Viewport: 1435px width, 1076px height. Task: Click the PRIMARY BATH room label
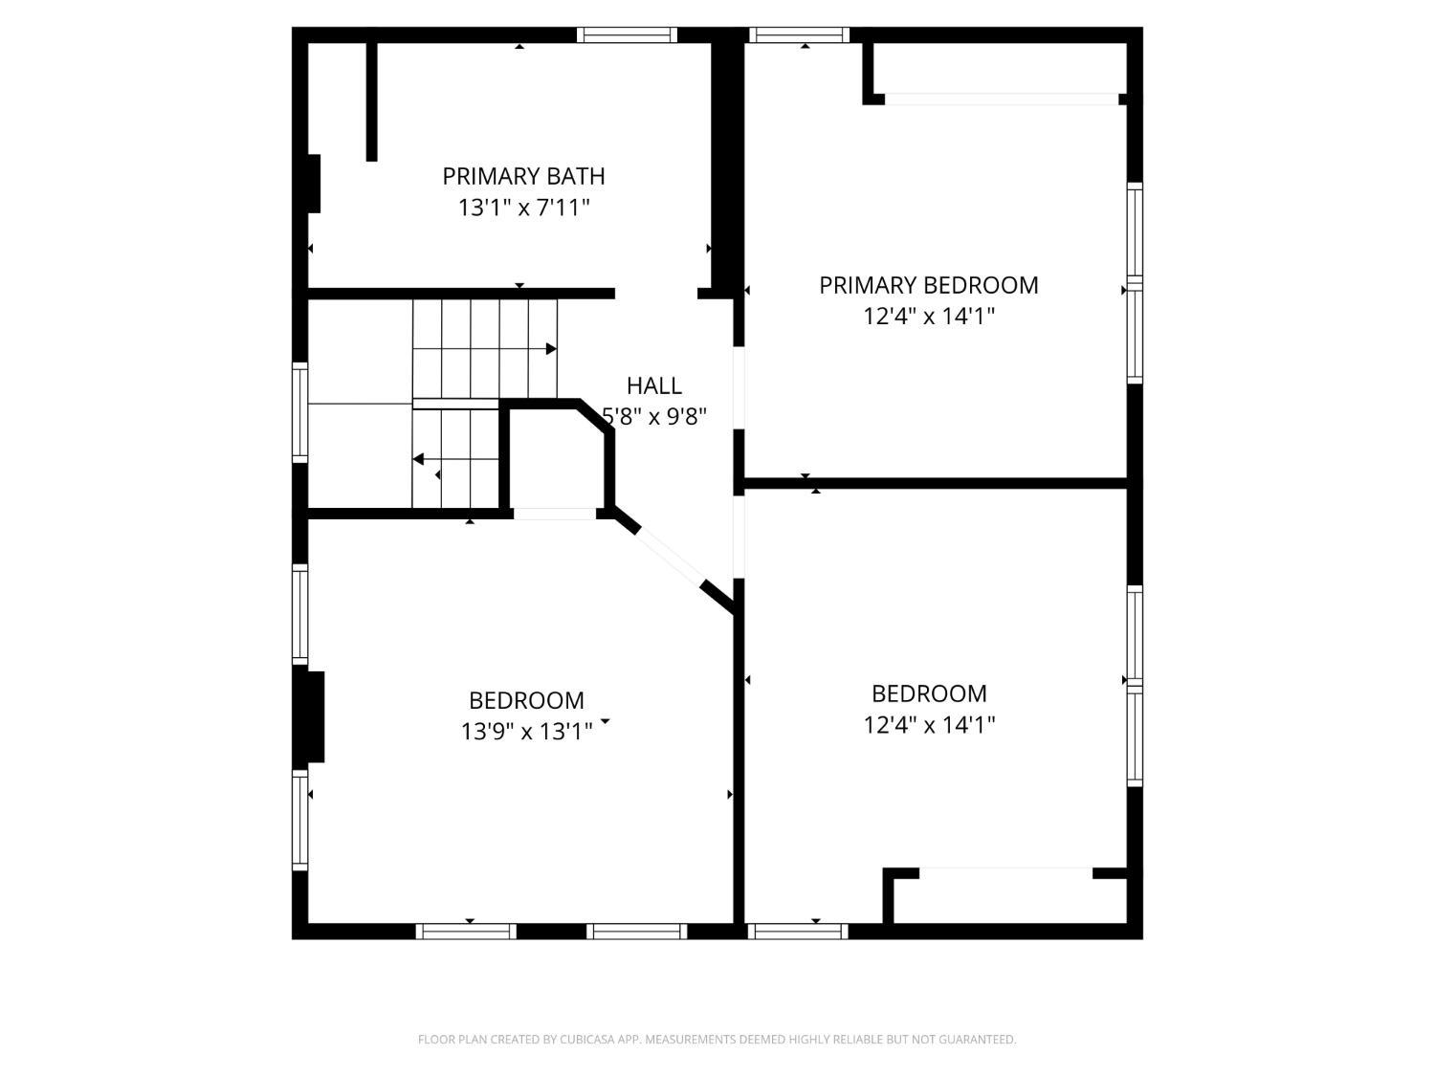coord(523,176)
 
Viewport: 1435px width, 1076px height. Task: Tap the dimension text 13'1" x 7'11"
coord(523,208)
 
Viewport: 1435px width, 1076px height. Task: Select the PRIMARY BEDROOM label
coord(928,285)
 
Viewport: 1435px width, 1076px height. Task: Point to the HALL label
coord(653,386)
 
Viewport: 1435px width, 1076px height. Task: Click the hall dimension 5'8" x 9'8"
coord(654,416)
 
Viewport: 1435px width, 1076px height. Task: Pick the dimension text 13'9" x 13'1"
coord(526,731)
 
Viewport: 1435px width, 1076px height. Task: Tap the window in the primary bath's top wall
coord(627,35)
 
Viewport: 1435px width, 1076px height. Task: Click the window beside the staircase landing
coord(299,412)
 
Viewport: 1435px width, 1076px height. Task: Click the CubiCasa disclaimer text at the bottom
coord(717,1040)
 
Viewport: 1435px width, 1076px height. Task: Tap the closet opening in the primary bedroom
coord(1002,99)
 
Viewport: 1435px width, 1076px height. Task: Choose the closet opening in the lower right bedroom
coord(1005,873)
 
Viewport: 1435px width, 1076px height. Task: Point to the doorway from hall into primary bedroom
coord(739,387)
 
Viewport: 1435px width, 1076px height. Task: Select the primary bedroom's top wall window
coord(799,35)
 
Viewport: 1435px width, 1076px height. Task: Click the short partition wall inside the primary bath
coord(371,102)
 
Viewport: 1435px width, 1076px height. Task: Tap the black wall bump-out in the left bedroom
coord(315,716)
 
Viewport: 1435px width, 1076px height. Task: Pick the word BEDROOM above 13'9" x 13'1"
coord(526,700)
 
